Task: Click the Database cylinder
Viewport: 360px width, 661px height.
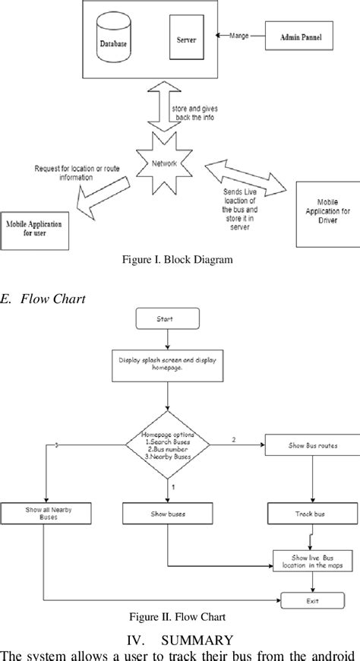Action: [x=115, y=43]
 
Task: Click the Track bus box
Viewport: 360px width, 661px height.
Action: [x=309, y=514]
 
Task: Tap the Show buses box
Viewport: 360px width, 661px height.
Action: [x=166, y=514]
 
